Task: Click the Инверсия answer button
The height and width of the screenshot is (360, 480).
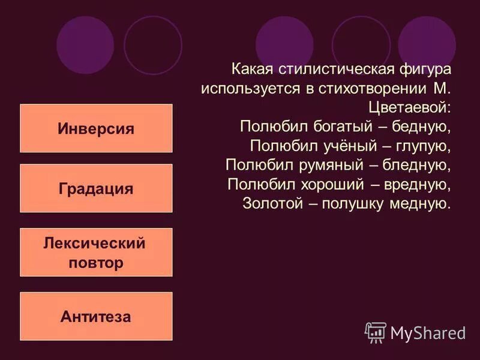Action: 96,128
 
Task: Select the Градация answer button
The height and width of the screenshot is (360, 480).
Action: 96,188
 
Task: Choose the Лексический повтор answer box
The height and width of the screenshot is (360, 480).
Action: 96,252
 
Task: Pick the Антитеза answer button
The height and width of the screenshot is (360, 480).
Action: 96,316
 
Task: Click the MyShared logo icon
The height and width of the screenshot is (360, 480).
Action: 376,332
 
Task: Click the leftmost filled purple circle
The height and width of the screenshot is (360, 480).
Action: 85,44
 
